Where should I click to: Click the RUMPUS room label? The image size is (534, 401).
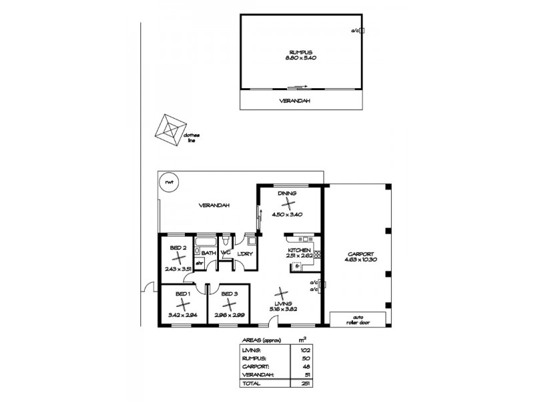click(300, 51)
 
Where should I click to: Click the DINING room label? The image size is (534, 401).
click(288, 193)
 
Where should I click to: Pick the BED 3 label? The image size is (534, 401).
click(230, 294)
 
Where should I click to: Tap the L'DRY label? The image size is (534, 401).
click(244, 253)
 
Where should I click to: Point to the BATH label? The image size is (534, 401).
click(208, 253)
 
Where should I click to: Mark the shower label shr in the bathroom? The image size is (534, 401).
click(199, 263)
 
